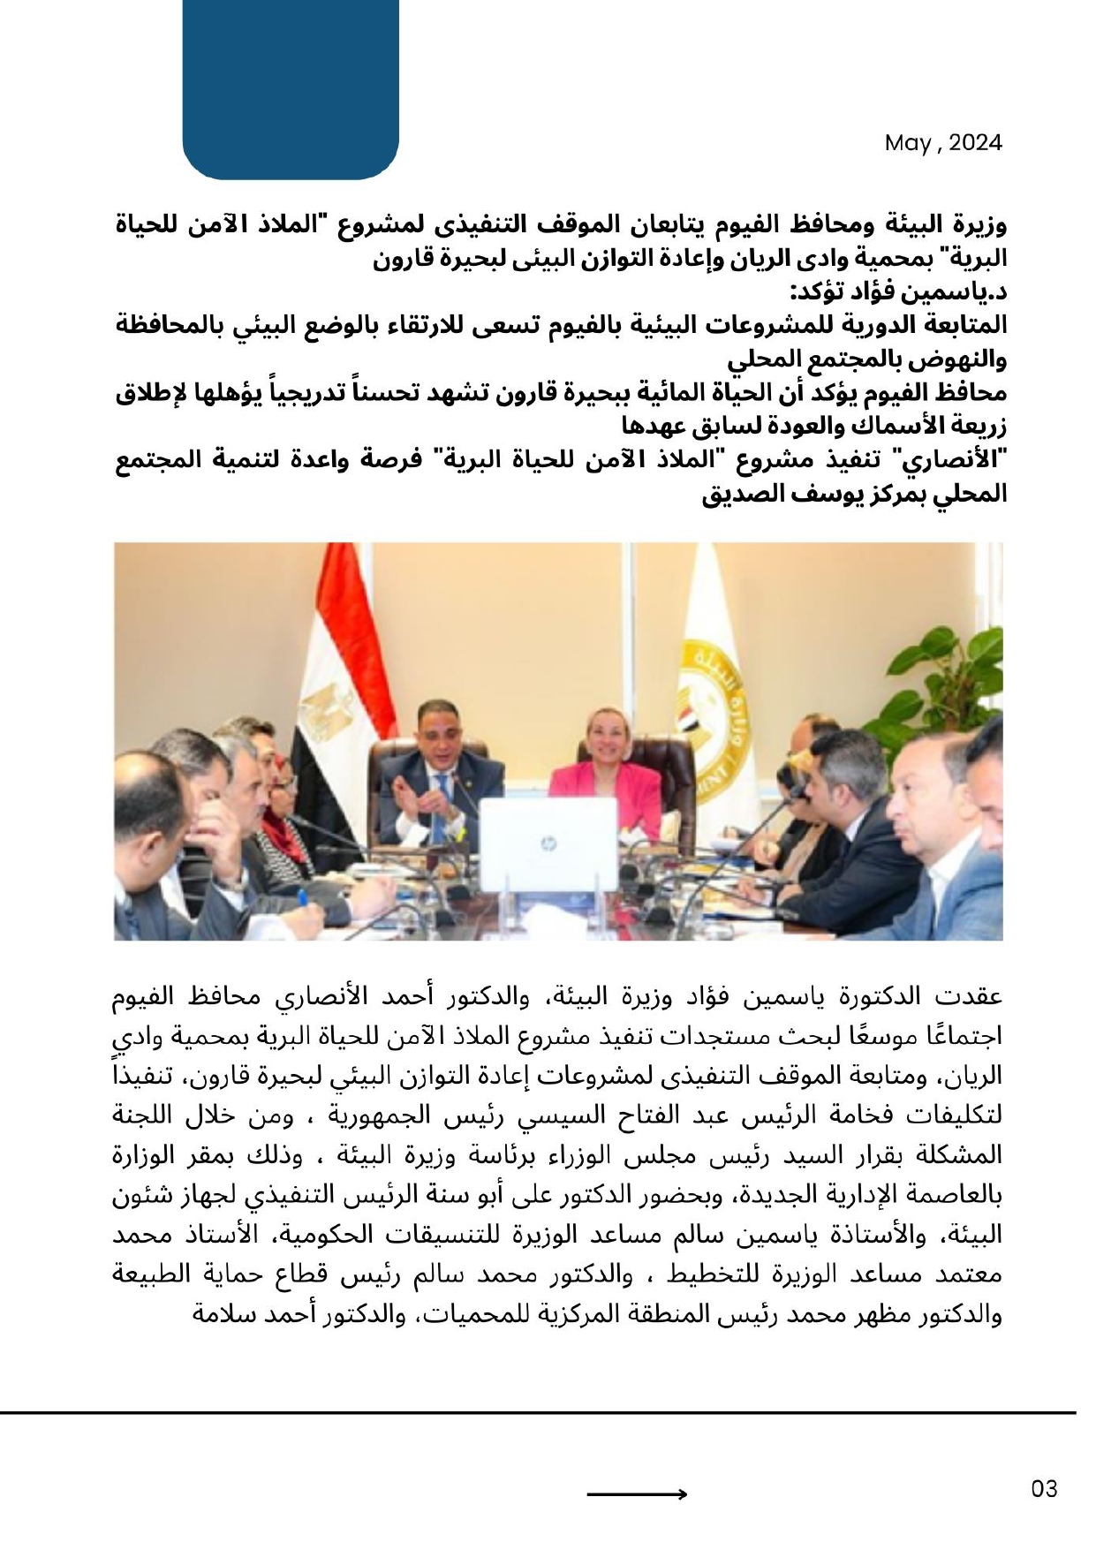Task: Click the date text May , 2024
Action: point(942,143)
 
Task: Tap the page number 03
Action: point(1044,1490)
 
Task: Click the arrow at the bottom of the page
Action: point(637,1494)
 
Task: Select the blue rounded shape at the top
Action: point(291,88)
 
